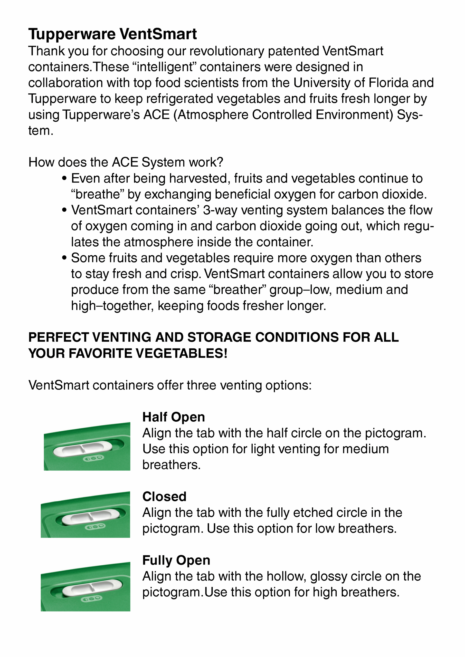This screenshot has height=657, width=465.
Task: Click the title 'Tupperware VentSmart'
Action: [x=112, y=34]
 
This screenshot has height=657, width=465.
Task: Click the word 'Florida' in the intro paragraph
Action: [x=388, y=83]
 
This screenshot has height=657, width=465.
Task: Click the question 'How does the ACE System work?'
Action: [x=125, y=162]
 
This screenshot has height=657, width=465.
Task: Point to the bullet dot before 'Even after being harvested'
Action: [x=64, y=179]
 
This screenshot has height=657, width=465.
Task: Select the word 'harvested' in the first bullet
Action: [x=200, y=179]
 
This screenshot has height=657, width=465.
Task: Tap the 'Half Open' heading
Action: [x=174, y=417]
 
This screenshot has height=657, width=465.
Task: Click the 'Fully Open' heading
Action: [x=176, y=560]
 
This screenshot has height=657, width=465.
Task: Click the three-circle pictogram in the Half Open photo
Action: [x=93, y=458]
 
